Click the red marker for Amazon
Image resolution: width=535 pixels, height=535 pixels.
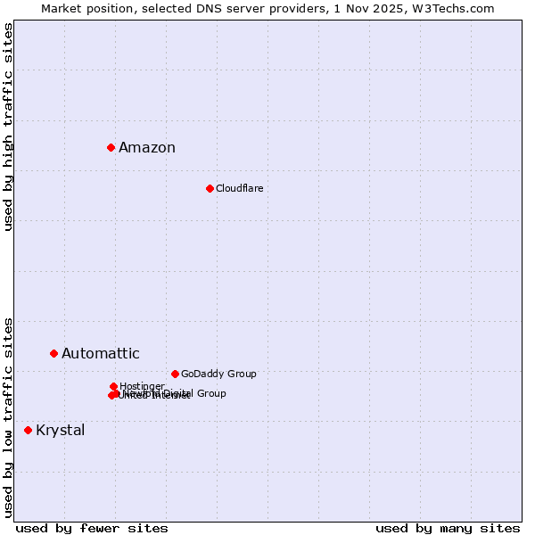(x=111, y=147)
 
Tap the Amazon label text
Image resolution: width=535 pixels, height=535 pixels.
(x=147, y=148)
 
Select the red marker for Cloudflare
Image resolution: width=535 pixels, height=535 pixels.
(x=210, y=188)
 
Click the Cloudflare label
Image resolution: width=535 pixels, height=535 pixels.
(x=239, y=188)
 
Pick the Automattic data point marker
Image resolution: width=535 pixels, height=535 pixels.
(x=53, y=354)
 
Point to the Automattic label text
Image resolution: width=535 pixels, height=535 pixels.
(x=101, y=354)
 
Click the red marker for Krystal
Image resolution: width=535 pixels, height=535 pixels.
(x=28, y=430)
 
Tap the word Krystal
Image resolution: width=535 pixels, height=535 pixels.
(x=61, y=431)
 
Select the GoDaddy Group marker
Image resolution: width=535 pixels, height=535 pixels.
(x=175, y=374)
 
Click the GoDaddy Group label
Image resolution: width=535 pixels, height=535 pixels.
(x=218, y=374)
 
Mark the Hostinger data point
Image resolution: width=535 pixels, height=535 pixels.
(x=113, y=386)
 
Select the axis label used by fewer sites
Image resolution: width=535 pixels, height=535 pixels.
(x=92, y=528)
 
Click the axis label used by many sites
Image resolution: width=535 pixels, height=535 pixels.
(x=448, y=528)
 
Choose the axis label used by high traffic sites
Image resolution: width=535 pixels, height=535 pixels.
(x=9, y=127)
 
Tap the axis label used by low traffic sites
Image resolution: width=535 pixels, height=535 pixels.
(x=9, y=416)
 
